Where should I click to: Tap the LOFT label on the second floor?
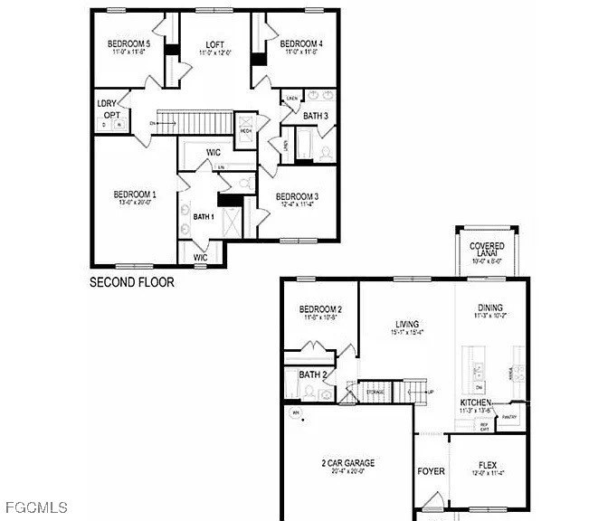point(214,44)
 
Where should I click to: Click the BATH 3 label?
point(316,116)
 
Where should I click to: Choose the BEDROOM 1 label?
point(134,194)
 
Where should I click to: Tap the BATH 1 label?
point(204,217)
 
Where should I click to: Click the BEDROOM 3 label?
point(297,197)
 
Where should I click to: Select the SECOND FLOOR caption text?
point(131,282)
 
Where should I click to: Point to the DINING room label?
point(489,308)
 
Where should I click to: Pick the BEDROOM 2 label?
point(319,309)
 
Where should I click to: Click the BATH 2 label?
point(312,374)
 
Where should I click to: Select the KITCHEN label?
point(475,403)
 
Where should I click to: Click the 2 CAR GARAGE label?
point(347,463)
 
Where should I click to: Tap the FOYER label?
point(430,471)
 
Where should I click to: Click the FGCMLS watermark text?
point(35,506)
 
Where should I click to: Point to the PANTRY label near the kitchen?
point(509,417)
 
